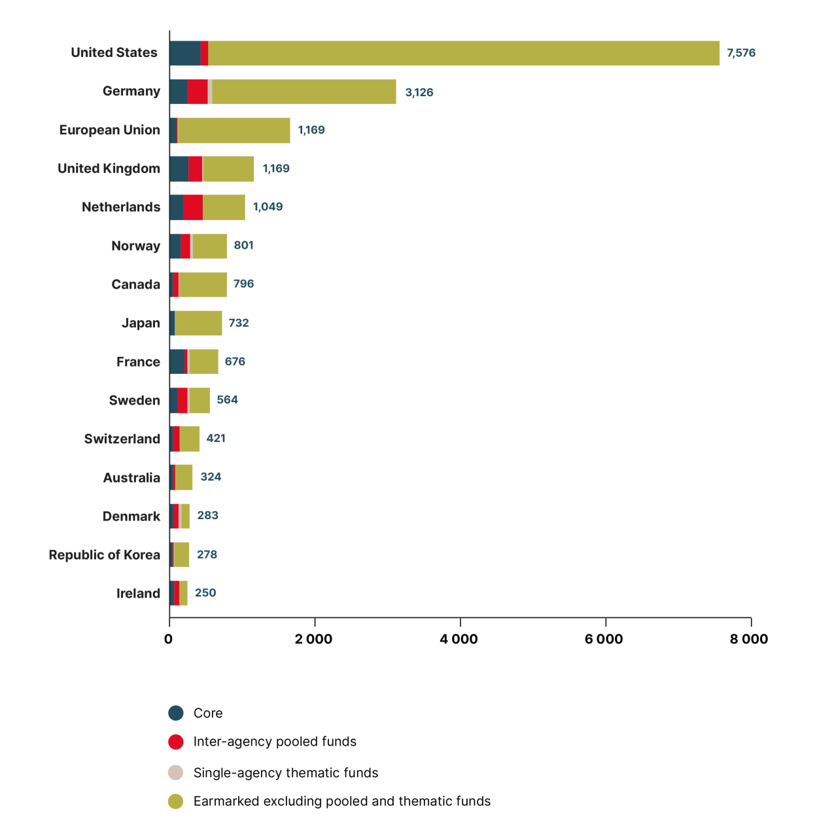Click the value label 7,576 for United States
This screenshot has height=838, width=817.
(x=740, y=53)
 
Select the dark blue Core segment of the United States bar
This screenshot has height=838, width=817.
(x=184, y=53)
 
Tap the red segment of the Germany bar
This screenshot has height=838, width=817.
(x=197, y=92)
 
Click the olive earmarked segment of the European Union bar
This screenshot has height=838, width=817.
(x=234, y=130)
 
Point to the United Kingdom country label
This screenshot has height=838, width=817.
(x=109, y=168)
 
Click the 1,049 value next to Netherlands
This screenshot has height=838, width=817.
(x=268, y=207)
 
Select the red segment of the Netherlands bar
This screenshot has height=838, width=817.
(x=193, y=207)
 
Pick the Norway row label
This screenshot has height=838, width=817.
(x=135, y=246)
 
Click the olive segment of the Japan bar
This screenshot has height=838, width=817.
(x=198, y=323)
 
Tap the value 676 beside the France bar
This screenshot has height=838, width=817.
(x=235, y=361)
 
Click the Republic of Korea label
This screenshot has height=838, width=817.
(x=104, y=555)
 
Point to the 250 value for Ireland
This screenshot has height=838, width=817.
(x=205, y=592)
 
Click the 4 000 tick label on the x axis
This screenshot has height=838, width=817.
(x=459, y=639)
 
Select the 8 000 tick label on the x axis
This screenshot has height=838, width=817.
(x=749, y=639)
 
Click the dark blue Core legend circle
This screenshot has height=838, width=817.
(x=175, y=713)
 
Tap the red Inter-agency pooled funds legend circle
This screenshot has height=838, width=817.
(x=175, y=742)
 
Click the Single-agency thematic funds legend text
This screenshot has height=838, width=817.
(x=285, y=773)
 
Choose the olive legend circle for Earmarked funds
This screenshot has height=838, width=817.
(x=175, y=801)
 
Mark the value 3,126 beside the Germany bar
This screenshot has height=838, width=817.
(x=419, y=92)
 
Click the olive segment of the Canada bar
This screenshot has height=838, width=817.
(x=203, y=284)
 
